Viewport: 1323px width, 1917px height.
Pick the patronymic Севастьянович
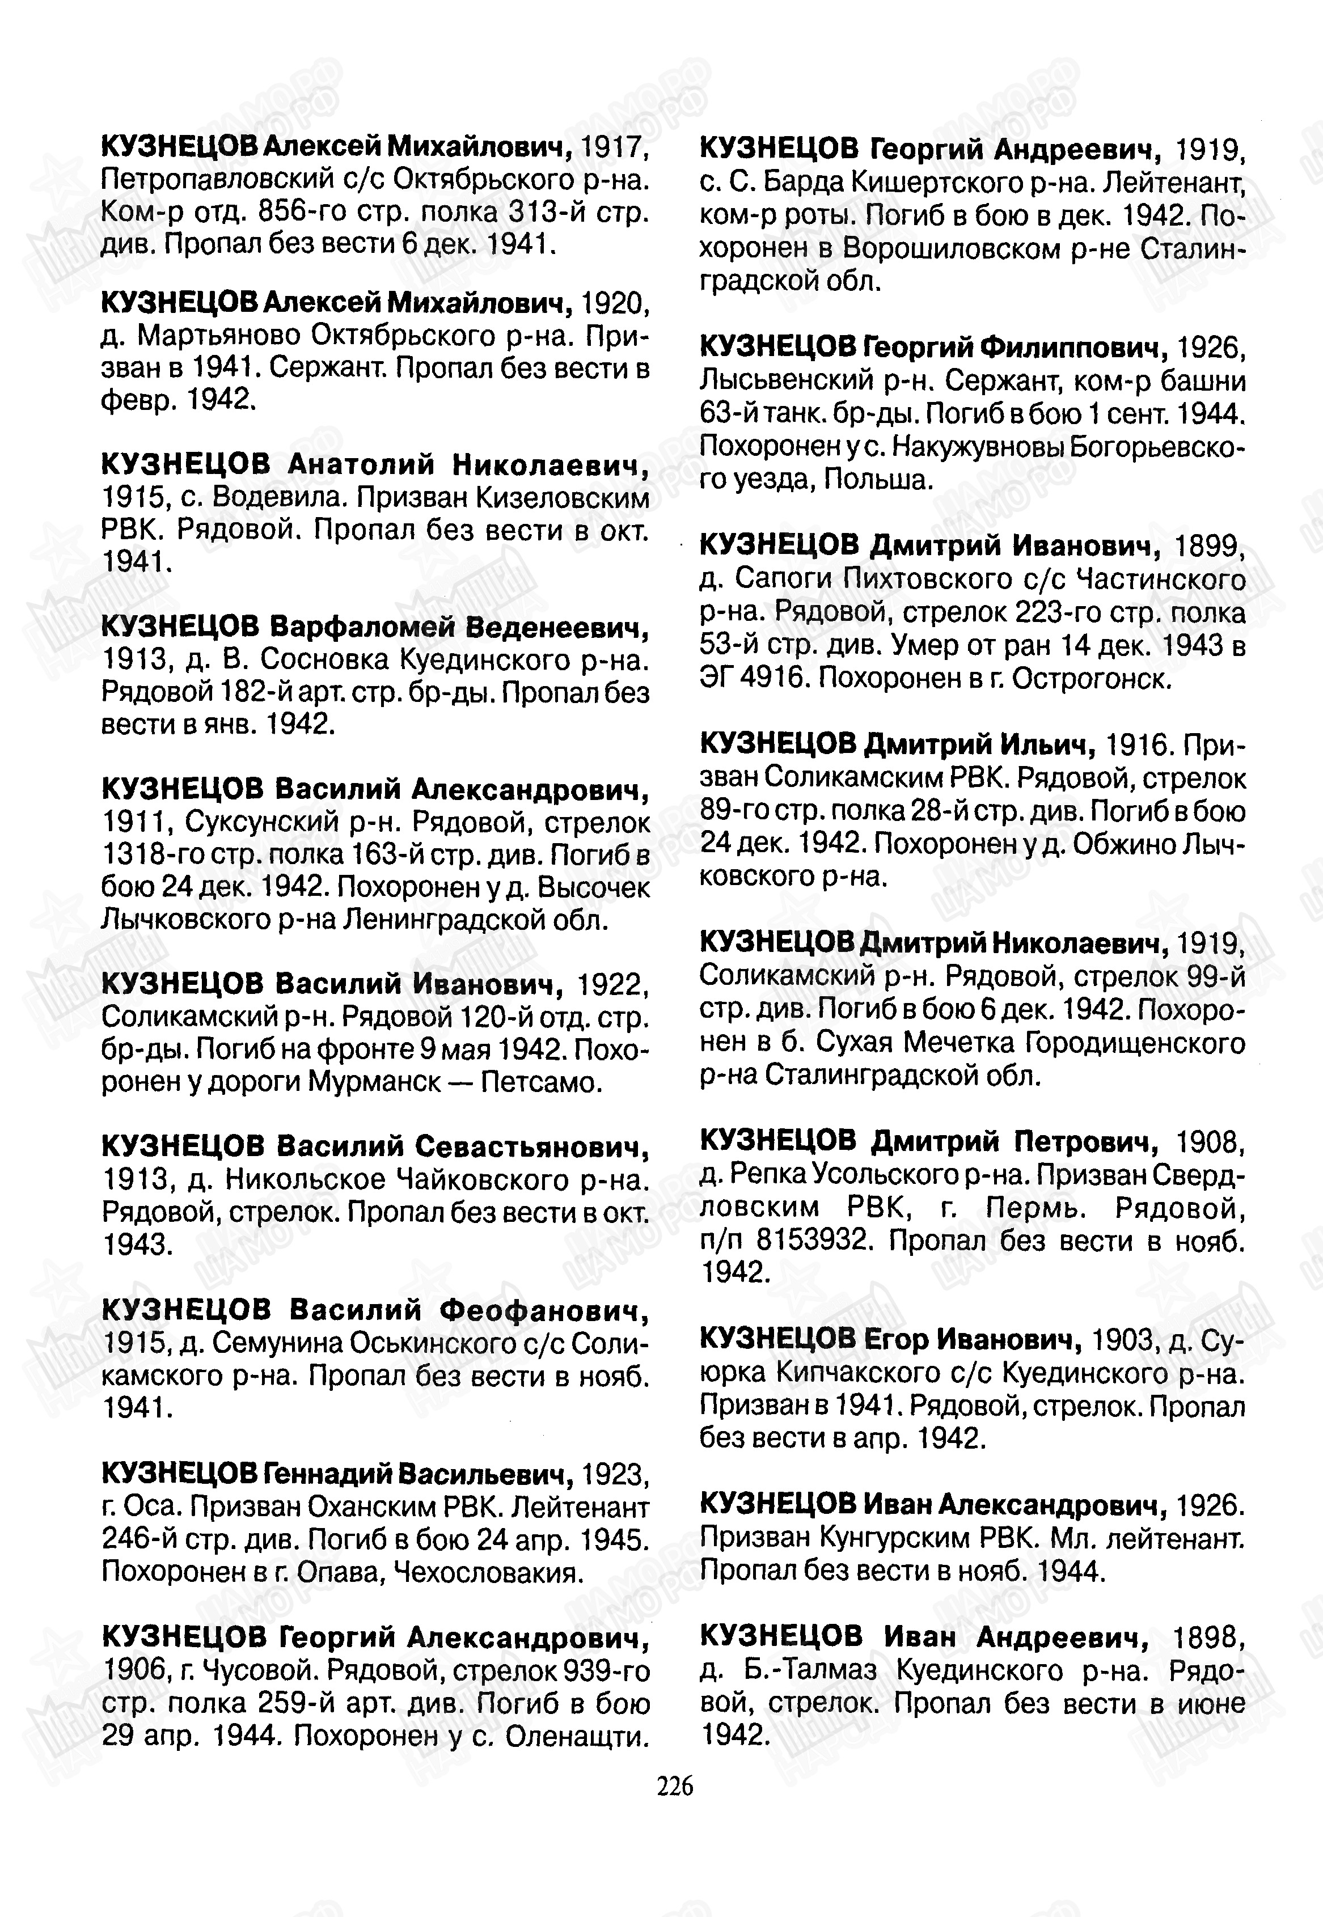pyautogui.click(x=532, y=1146)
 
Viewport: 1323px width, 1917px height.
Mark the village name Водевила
pyautogui.click(x=272, y=497)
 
